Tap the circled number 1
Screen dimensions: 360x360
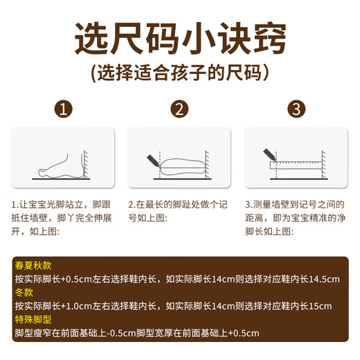pos(64,109)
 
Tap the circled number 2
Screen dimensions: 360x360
pos(179,109)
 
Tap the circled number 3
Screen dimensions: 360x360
pos(296,109)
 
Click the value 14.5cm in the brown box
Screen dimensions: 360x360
pos(323,279)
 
